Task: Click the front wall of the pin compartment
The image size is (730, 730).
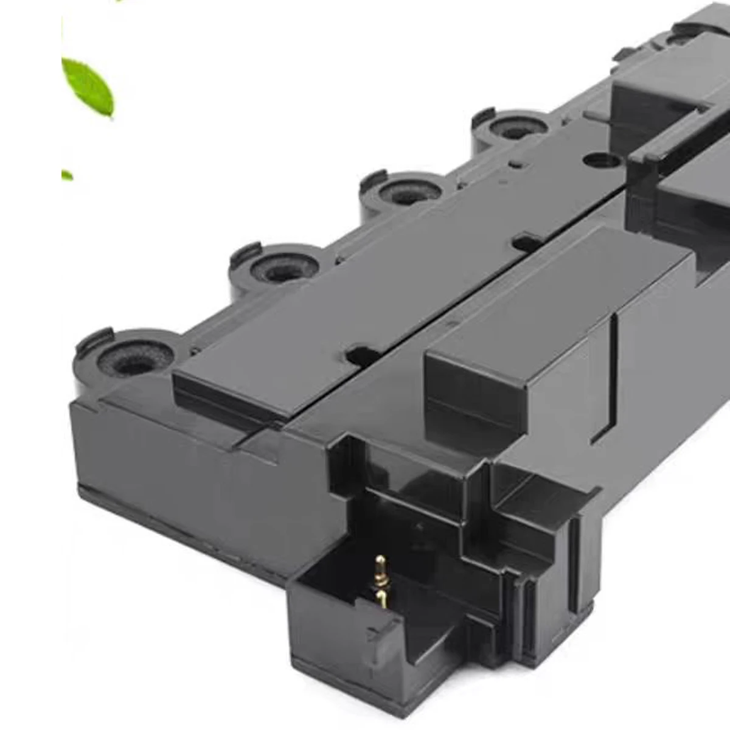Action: click(x=341, y=633)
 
